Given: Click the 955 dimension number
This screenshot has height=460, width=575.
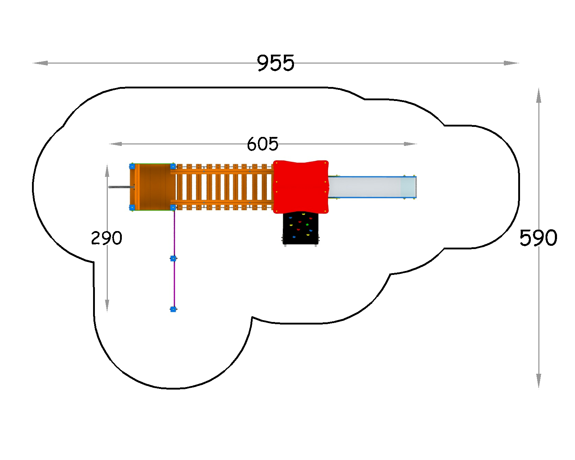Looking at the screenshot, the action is (x=276, y=63).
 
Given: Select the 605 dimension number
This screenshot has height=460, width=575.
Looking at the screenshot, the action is (x=262, y=144).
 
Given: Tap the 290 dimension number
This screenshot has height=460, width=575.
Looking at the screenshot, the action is (x=107, y=238).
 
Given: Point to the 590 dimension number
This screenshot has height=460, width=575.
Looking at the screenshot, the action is (x=538, y=238).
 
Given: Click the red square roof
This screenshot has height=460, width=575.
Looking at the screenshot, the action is (x=301, y=187).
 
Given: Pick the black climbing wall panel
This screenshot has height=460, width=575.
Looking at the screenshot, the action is (x=300, y=228).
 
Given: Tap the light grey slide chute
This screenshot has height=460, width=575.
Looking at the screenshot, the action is (x=372, y=187).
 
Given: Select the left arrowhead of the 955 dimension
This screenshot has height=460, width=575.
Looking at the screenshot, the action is (x=40, y=63).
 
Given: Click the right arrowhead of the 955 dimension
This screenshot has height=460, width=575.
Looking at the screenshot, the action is (x=511, y=63).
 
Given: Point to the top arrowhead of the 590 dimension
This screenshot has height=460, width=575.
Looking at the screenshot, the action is (x=539, y=96).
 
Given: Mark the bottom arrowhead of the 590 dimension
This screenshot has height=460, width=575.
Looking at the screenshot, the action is (x=539, y=381).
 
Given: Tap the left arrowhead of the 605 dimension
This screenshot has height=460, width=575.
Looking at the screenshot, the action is (x=115, y=144).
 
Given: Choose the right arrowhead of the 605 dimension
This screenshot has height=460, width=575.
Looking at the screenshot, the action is (x=410, y=144).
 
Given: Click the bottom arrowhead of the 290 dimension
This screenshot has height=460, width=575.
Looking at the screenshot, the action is (x=107, y=305).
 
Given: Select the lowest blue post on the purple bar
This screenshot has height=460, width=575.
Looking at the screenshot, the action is (x=174, y=309).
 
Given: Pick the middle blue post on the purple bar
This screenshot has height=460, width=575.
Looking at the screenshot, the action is (x=174, y=258).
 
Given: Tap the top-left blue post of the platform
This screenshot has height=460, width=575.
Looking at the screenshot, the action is (x=132, y=166).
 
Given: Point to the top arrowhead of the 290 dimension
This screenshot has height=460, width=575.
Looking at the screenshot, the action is (x=107, y=171).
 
